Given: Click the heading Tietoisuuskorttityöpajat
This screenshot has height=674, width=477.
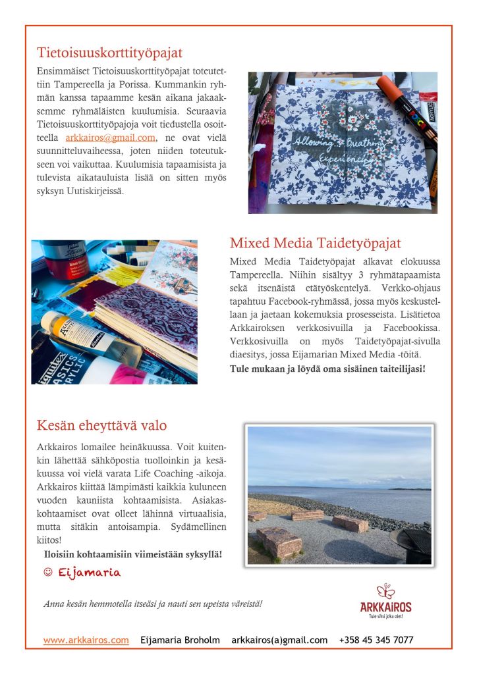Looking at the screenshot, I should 109,53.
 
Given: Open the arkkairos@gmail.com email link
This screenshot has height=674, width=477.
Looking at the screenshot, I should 111,138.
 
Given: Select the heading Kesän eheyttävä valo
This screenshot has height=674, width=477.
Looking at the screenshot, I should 101,425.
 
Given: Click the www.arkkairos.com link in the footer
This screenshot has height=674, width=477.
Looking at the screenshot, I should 86,640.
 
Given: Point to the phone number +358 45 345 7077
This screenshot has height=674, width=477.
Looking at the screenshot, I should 376,640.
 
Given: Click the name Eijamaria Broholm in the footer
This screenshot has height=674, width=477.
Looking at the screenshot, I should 181,640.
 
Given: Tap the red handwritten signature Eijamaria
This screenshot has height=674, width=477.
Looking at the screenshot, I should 89,573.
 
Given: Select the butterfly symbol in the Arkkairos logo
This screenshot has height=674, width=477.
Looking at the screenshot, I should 385,591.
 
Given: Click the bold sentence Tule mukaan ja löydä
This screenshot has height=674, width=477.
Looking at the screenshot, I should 327,369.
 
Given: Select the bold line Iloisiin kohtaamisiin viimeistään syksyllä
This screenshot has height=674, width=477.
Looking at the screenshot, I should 132,555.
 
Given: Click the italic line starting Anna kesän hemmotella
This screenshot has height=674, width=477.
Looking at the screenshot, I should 153,603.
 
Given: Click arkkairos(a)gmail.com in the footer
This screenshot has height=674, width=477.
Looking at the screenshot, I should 279,640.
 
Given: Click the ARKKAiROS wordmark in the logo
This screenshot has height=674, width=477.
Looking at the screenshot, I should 385,607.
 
